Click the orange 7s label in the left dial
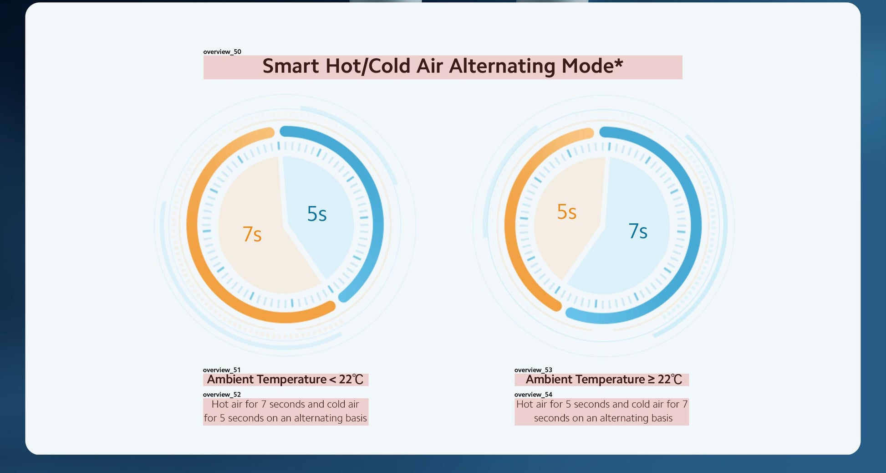(x=252, y=234)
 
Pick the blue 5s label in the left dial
(x=317, y=214)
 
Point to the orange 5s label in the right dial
(x=567, y=212)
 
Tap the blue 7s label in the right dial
(x=638, y=231)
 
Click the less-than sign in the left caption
(x=332, y=380)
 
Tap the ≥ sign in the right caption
(x=651, y=380)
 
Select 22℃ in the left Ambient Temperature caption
(x=351, y=380)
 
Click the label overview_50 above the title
(x=222, y=52)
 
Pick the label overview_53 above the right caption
(x=533, y=370)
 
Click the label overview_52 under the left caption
(x=222, y=395)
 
